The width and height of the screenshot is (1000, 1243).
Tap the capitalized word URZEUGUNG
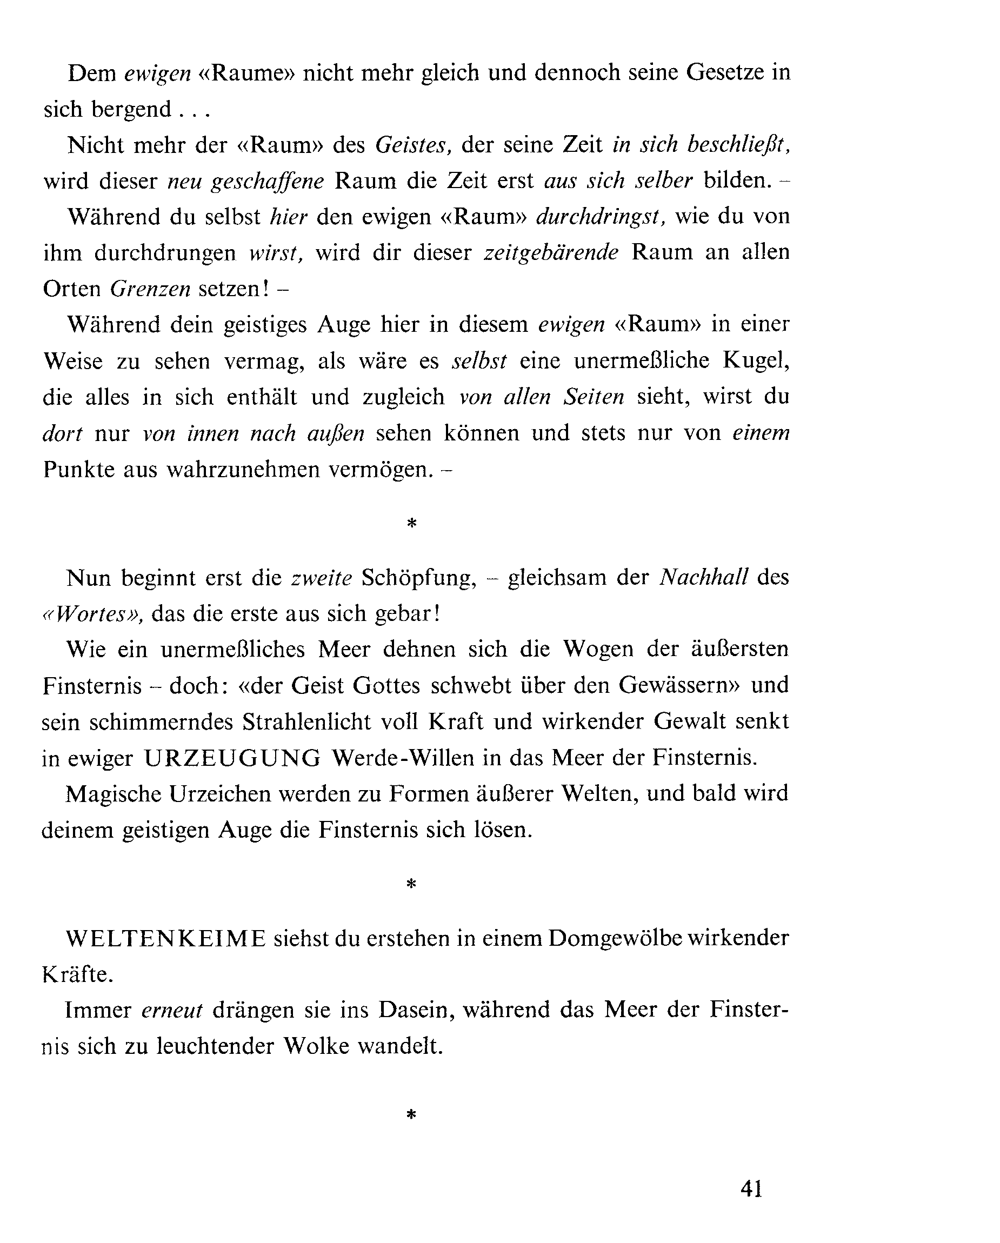pos(232,758)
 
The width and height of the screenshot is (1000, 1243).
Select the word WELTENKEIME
pos(166,939)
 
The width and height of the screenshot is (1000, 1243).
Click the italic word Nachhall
pos(704,577)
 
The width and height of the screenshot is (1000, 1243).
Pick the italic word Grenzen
pos(150,289)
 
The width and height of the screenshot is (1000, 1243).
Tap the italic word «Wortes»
pos(93,614)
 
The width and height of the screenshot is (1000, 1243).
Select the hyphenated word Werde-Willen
pos(403,758)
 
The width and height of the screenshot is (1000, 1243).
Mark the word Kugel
pos(756,361)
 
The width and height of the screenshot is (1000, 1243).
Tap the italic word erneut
pos(172,1010)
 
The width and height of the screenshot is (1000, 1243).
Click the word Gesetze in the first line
pos(724,72)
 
